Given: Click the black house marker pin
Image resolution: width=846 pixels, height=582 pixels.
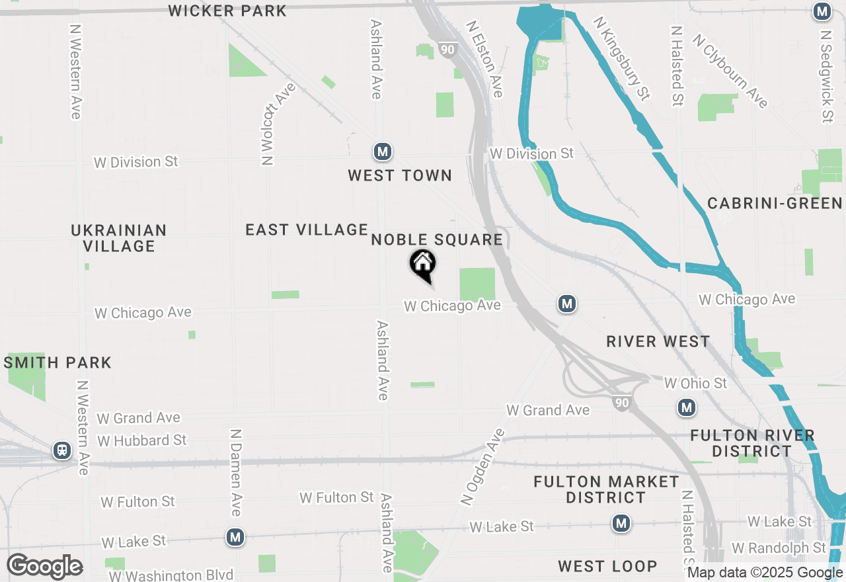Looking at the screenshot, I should coord(423,265).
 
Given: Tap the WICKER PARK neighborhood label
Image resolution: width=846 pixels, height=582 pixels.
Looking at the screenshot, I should coord(227,11).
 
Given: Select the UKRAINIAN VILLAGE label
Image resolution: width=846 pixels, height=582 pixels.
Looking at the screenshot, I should coord(119,238).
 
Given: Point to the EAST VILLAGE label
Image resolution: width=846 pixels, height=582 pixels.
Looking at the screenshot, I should coord(307,229).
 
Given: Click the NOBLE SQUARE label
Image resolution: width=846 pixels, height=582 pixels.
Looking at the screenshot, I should coord(437,239).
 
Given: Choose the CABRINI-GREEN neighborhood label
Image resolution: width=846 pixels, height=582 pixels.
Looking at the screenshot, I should coord(775,203).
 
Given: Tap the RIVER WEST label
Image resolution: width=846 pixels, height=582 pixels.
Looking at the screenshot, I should coord(658,341).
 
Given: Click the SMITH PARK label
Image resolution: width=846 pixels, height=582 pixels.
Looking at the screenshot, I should coord(58,362).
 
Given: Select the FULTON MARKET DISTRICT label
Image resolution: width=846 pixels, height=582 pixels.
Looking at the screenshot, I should coord(606,489).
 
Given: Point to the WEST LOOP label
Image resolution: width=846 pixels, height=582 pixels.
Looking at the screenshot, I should coord(607,566).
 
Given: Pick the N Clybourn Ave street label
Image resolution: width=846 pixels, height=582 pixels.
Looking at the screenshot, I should coord(730,71).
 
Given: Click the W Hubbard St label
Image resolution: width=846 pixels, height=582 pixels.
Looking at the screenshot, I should coord(142,440).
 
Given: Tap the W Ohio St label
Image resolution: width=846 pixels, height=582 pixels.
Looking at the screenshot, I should coord(695,384).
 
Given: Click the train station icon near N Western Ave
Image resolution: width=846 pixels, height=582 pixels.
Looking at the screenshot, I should coord(62,450).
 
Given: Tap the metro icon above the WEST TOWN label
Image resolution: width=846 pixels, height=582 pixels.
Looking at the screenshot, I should coord(382,152).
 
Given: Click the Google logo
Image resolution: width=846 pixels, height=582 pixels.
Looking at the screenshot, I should coord(44,567).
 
